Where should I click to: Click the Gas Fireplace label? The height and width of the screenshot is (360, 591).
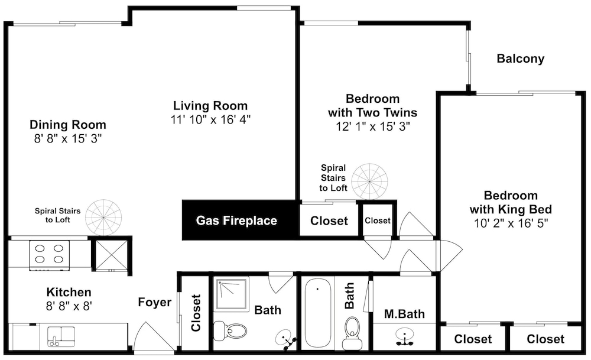(236, 220)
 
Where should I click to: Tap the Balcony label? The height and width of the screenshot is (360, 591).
(521, 59)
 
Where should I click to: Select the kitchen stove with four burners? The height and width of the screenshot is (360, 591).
(50, 255)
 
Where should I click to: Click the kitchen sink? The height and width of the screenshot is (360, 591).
(61, 336)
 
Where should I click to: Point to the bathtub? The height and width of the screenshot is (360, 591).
(317, 313)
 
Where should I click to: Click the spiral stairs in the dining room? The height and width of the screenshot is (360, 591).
(103, 218)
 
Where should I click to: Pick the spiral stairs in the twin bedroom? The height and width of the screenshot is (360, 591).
(370, 181)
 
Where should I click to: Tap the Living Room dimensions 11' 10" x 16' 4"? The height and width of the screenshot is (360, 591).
(211, 119)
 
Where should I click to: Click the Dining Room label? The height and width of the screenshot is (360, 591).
(68, 125)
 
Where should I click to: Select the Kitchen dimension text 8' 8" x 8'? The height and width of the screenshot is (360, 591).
(69, 306)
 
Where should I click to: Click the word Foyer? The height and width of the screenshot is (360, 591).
(154, 302)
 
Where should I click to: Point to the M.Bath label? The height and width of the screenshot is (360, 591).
(404, 314)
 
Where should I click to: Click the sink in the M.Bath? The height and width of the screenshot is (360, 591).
(404, 336)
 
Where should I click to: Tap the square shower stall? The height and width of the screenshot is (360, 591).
(231, 294)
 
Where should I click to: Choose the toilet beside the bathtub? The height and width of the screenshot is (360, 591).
(352, 333)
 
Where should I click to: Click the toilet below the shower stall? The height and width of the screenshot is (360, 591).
(230, 330)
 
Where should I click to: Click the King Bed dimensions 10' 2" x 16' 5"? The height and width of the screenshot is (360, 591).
(511, 223)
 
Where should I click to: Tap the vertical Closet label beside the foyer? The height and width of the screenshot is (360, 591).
(196, 313)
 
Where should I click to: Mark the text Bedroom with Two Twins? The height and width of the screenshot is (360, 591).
(372, 106)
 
